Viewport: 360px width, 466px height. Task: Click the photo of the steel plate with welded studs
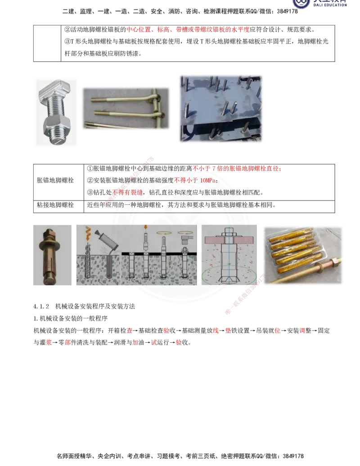(220, 108)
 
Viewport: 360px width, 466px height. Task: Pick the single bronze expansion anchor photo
(52, 255)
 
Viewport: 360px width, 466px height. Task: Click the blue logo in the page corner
(320, 4)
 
